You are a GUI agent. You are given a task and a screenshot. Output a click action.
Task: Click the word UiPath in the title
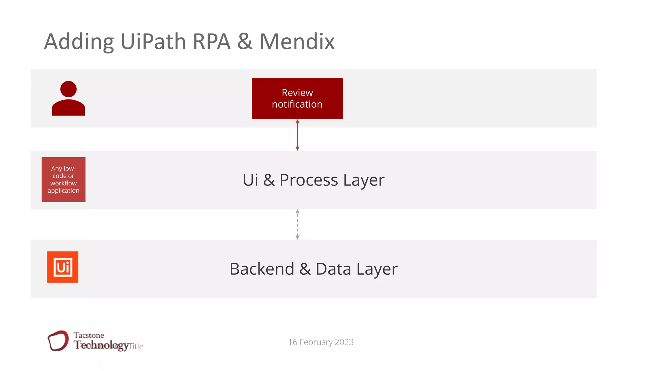pos(153,42)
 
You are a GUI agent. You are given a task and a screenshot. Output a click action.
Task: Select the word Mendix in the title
pos(297,42)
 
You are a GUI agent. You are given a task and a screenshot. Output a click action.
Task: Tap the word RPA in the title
pos(211,42)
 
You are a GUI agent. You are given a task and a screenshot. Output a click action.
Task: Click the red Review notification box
pos(297,98)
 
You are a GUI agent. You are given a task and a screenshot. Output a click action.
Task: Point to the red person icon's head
pos(68,89)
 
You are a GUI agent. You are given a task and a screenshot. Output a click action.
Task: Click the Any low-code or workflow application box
pos(63,179)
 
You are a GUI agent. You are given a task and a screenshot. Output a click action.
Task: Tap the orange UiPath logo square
pos(63,267)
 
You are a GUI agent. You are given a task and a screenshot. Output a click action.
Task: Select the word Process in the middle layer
pos(309,180)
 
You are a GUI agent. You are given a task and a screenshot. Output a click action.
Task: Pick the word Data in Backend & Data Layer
pos(333,269)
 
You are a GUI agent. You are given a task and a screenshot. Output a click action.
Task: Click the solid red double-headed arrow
pos(297,135)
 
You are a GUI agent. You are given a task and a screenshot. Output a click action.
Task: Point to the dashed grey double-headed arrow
pos(297,224)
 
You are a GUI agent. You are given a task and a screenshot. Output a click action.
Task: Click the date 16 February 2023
pos(321,342)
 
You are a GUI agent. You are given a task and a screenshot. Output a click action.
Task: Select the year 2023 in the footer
pos(344,342)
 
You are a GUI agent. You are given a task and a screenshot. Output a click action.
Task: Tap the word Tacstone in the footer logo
pos(89,335)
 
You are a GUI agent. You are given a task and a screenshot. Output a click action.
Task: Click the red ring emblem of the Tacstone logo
pos(58,340)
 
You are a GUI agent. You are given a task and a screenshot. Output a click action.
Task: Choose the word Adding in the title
pos(79,42)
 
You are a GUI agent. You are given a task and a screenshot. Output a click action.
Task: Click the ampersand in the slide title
pos(245,42)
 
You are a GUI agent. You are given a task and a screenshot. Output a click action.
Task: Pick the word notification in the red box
pos(297,104)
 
